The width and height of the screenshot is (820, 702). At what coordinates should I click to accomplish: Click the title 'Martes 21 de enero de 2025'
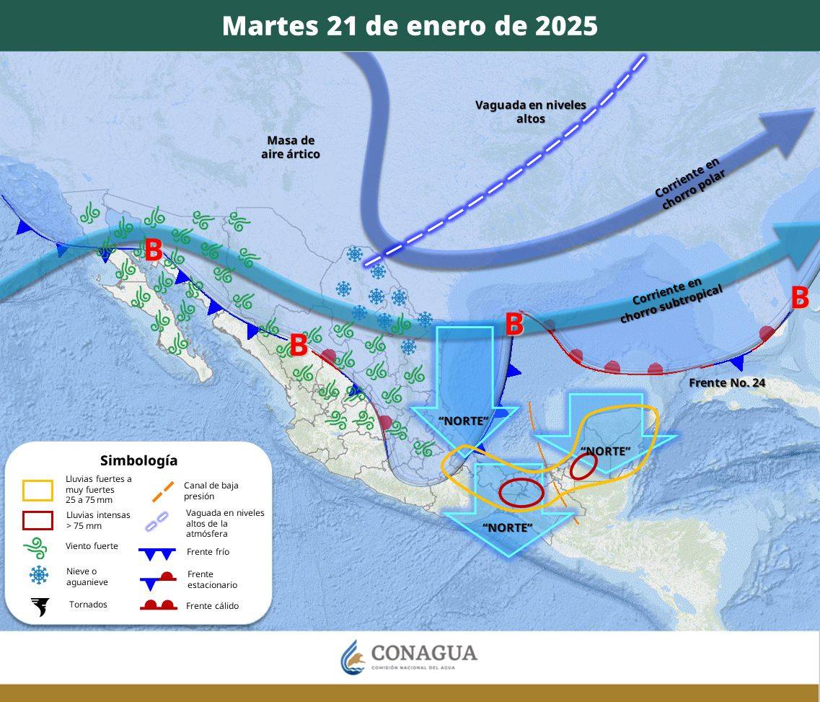(410, 26)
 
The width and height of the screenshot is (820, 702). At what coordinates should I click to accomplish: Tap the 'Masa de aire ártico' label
(290, 147)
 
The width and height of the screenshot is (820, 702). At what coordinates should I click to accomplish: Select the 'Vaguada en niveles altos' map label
(530, 111)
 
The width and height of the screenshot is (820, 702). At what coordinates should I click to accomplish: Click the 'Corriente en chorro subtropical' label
(671, 299)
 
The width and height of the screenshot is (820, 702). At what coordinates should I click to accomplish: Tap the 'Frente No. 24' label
(726, 382)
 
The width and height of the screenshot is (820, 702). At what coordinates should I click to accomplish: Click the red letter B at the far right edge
(800, 297)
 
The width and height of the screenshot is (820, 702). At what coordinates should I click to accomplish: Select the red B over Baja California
(153, 250)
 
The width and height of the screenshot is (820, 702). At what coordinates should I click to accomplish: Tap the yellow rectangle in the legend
(38, 491)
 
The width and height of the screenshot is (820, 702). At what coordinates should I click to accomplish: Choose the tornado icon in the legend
(40, 606)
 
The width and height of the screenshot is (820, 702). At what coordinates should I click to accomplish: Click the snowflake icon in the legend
(38, 575)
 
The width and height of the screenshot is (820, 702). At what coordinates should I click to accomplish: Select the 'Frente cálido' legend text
(212, 606)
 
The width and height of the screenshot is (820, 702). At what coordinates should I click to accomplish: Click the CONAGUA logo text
(423, 653)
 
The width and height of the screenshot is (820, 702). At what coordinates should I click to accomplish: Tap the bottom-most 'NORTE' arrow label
(507, 527)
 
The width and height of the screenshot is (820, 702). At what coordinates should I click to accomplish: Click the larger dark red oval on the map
(521, 492)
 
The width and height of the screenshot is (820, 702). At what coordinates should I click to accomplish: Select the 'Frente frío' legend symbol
(157, 553)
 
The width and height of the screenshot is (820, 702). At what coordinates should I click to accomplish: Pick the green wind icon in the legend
(38, 547)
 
